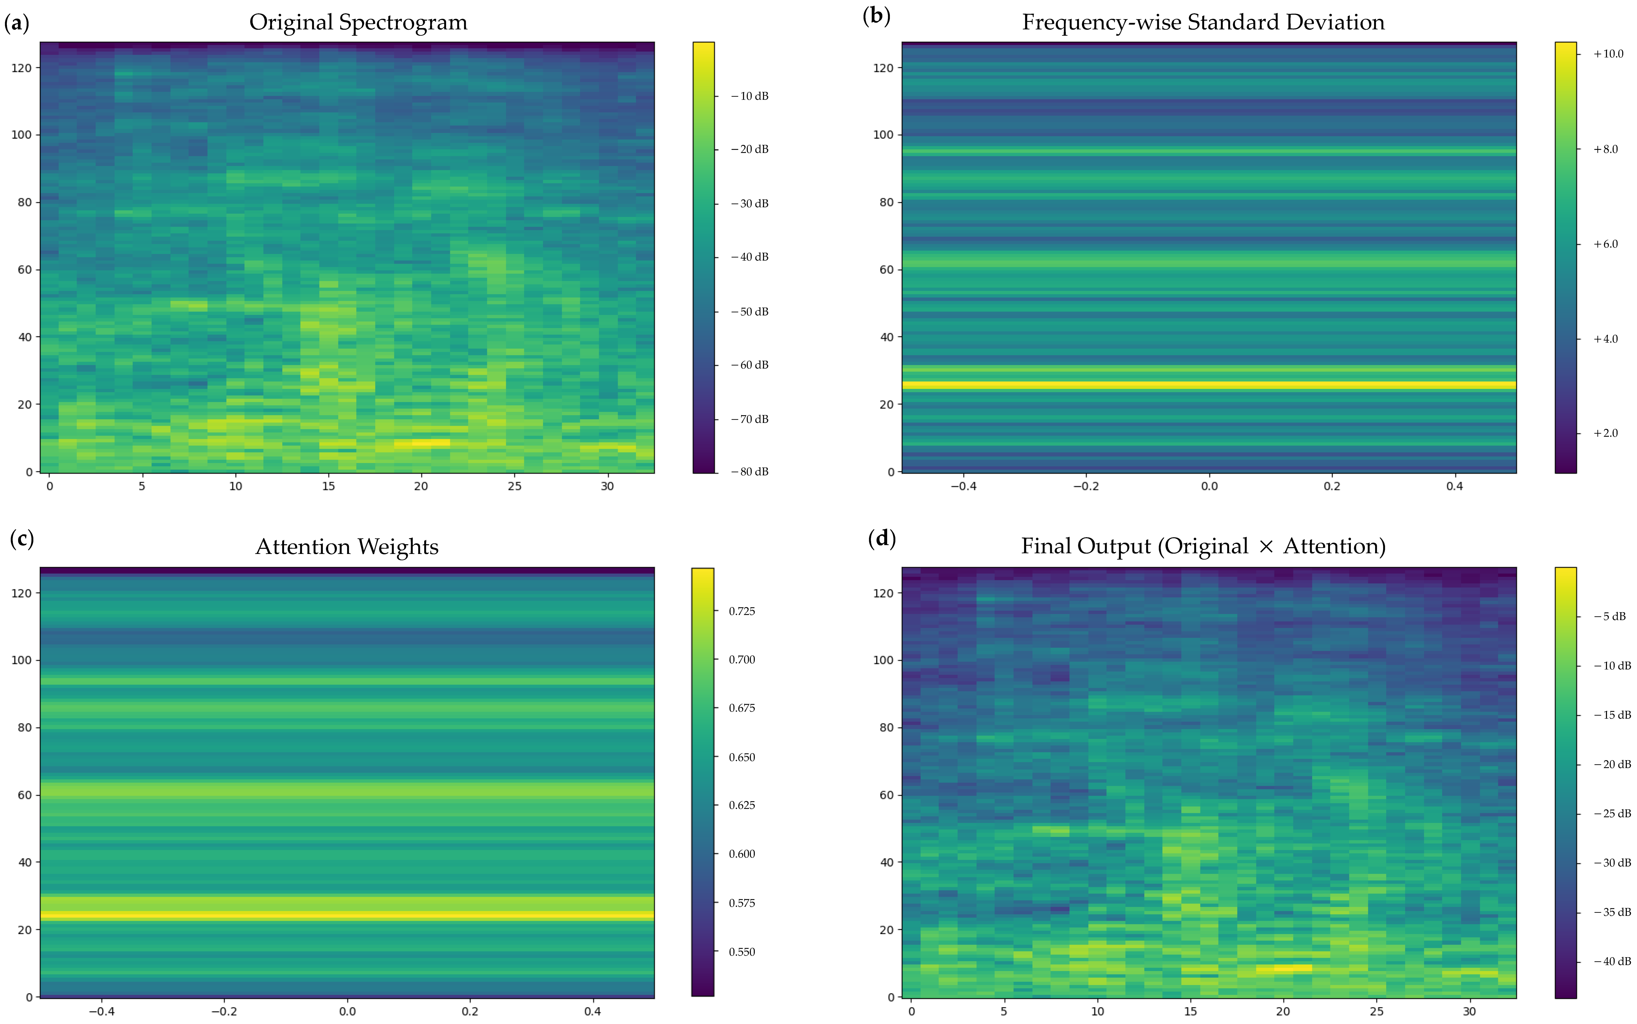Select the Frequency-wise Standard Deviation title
click(1203, 22)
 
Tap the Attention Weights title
click(347, 547)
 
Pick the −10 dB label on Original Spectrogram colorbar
click(750, 96)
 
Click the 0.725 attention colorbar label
click(742, 611)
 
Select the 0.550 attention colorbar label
click(742, 951)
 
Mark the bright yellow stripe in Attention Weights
click(347, 915)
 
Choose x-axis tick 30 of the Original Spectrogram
click(607, 486)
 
